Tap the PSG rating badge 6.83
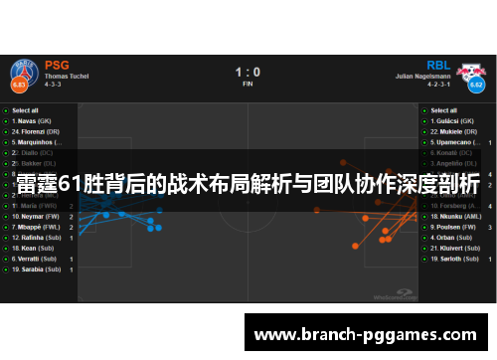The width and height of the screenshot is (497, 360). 18,85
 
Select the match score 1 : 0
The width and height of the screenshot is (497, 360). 248,72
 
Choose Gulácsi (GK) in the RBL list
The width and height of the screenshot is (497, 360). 453,120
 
